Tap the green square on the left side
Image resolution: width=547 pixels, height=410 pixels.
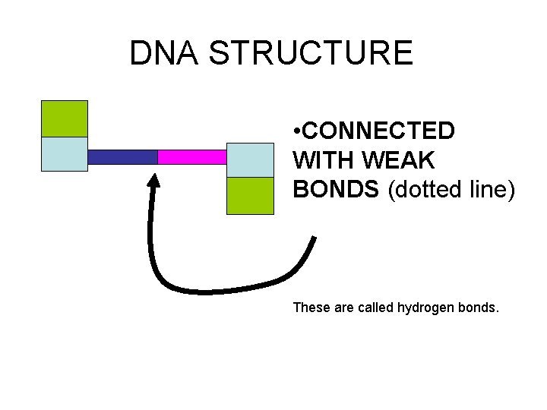click(64, 118)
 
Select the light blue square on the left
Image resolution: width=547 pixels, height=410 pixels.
click(64, 154)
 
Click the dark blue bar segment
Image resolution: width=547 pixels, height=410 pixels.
click(122, 157)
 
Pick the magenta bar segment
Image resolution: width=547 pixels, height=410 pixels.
click(192, 157)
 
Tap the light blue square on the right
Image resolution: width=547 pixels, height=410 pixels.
click(250, 159)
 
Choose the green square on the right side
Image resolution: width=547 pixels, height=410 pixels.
click(250, 195)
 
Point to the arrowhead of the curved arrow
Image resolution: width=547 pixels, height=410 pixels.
click(154, 181)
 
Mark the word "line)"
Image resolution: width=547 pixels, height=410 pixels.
click(491, 190)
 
